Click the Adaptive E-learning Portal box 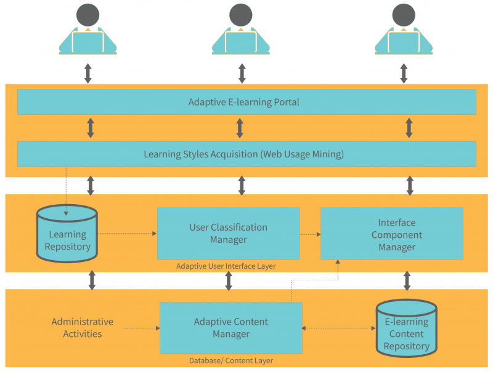[x=246, y=102]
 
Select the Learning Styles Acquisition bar [x=246, y=154]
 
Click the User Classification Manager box [x=228, y=234]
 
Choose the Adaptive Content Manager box [x=231, y=328]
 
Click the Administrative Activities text [x=82, y=328]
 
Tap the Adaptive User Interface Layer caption [x=226, y=266]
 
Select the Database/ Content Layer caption [x=231, y=360]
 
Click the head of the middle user [x=241, y=15]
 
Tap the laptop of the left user [x=88, y=42]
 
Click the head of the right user [x=404, y=15]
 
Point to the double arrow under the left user [x=88, y=72]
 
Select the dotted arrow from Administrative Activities [x=141, y=328]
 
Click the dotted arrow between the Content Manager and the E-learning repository [x=339, y=328]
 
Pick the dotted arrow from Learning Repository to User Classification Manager [x=128, y=234]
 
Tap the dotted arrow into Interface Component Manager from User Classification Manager [x=310, y=234]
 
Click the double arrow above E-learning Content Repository [x=407, y=280]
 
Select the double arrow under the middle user [x=241, y=72]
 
